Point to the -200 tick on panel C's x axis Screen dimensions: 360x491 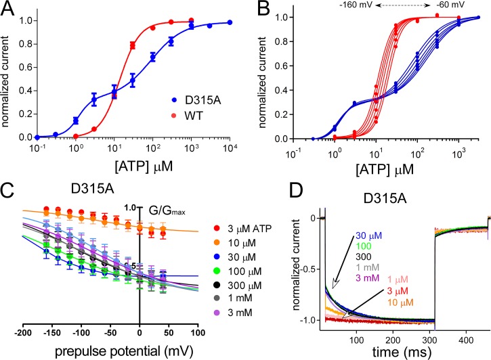(22, 334)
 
